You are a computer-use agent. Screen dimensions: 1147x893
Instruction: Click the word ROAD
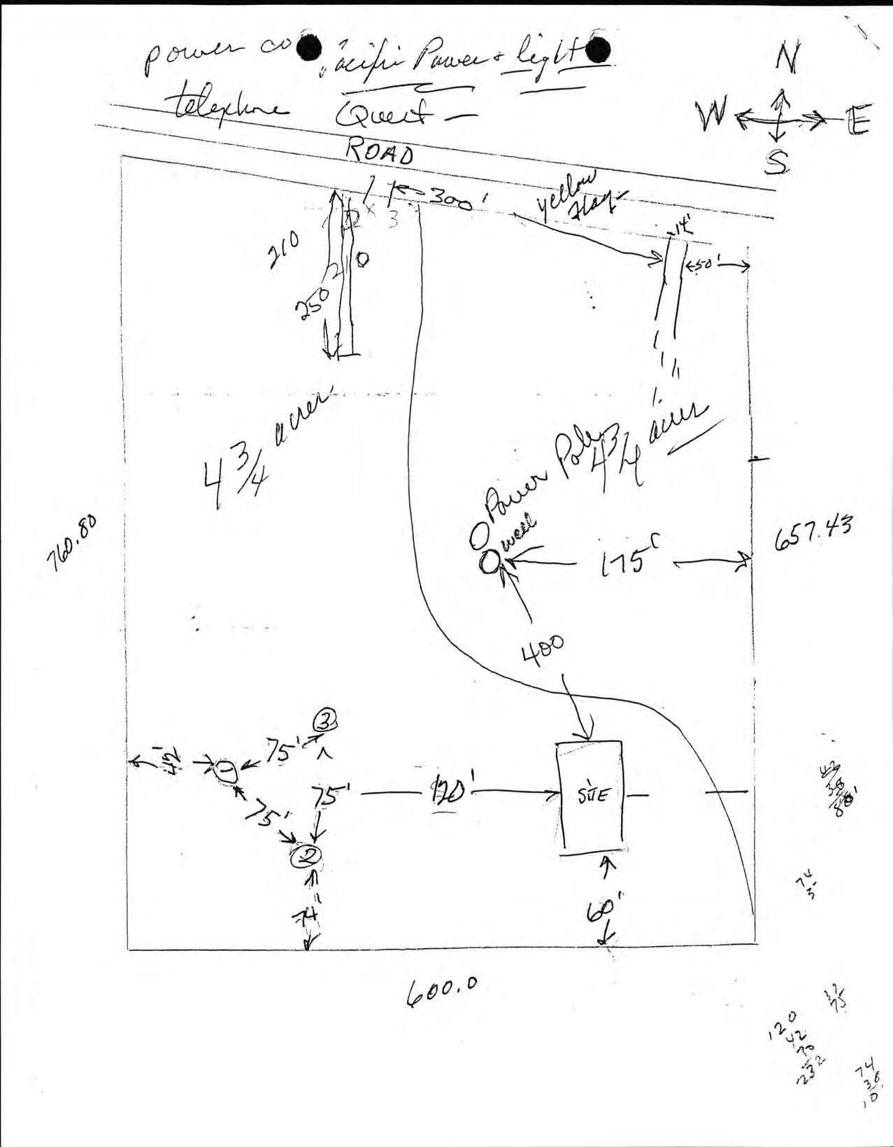380,152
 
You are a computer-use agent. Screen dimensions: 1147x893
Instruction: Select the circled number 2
306,854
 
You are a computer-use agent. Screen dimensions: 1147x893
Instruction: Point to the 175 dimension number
624,562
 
